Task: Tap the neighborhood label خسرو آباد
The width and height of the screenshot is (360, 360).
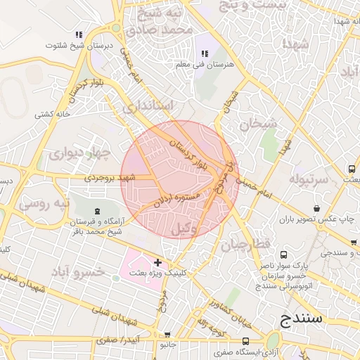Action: [x=77, y=271]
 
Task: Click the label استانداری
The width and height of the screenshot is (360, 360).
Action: [x=148, y=107]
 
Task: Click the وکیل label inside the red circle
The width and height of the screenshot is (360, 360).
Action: [x=184, y=227]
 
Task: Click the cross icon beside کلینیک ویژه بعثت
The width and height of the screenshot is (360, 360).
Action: [x=157, y=262]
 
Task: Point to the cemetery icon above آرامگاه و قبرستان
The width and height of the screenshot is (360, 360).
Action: [x=96, y=211]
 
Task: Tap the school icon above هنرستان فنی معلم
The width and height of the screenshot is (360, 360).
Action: [x=205, y=54]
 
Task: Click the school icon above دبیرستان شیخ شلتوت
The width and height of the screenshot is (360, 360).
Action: [x=79, y=34]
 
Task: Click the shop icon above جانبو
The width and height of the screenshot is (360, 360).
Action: [x=167, y=336]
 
